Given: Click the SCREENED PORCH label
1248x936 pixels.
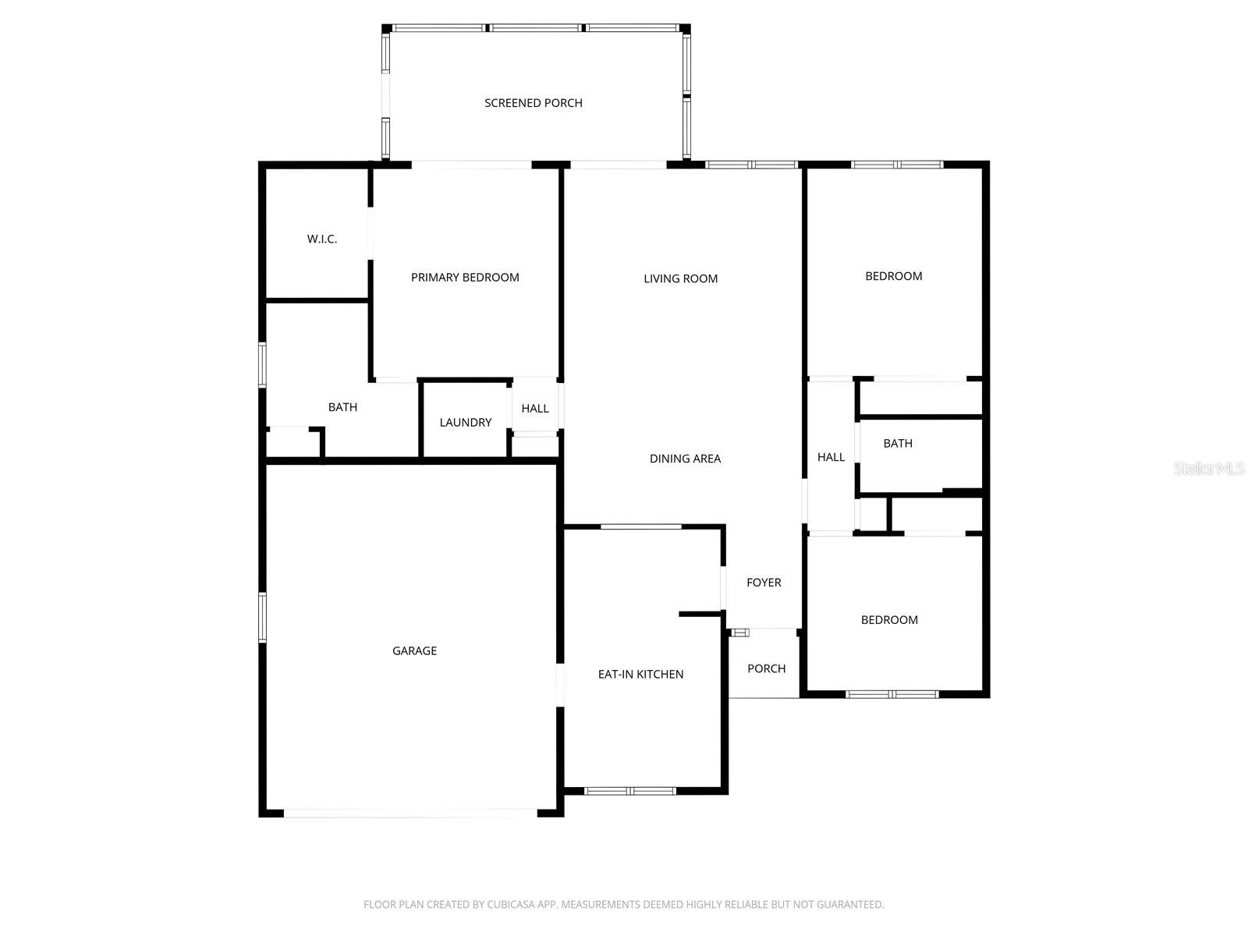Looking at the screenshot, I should (534, 103).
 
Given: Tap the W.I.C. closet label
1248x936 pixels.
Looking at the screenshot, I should (322, 239).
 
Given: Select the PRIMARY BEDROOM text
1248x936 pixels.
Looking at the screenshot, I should (465, 278).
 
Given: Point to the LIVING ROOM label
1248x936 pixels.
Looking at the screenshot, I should (680, 278).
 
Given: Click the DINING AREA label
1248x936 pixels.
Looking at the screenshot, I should (685, 459).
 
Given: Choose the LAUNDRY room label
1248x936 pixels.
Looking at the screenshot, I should (466, 423).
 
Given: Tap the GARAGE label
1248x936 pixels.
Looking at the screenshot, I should (414, 651).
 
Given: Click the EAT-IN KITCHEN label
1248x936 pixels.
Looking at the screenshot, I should (640, 674).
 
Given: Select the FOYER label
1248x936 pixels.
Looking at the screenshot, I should (764, 583).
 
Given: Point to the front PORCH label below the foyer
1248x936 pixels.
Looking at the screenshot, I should (766, 668).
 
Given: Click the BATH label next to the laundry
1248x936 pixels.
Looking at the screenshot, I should (342, 407).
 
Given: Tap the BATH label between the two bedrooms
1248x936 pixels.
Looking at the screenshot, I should (898, 443).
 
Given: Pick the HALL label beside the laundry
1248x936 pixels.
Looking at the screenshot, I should (535, 409).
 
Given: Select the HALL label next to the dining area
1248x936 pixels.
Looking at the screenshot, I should (831, 457).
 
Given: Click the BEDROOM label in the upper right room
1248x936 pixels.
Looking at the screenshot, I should (893, 276).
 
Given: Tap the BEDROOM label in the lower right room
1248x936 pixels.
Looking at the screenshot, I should (889, 620).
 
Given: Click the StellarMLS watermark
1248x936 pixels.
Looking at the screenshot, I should (1209, 468).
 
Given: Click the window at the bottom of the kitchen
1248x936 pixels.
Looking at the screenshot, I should (630, 791).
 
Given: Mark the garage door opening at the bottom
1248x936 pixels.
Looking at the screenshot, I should (410, 814).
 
